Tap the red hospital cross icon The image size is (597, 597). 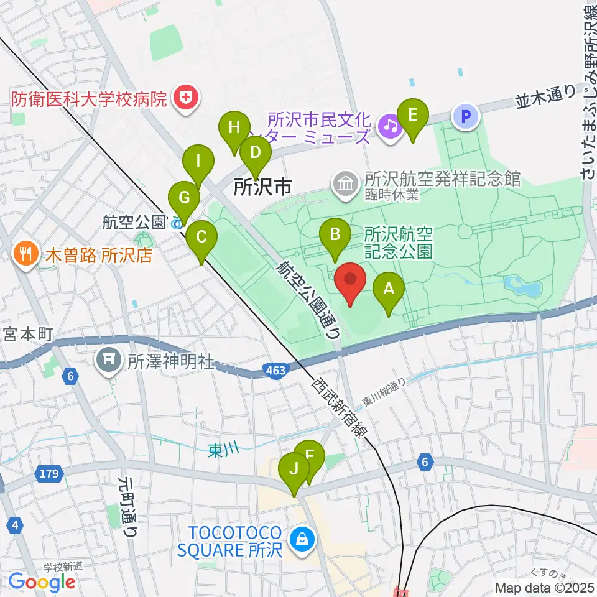185,98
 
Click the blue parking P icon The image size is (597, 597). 466,116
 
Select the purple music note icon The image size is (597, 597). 390,126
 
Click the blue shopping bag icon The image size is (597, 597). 303,537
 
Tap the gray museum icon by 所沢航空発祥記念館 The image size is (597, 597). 344,183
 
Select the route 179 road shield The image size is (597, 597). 50,474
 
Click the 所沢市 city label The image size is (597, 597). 262,186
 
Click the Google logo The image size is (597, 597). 42,582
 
